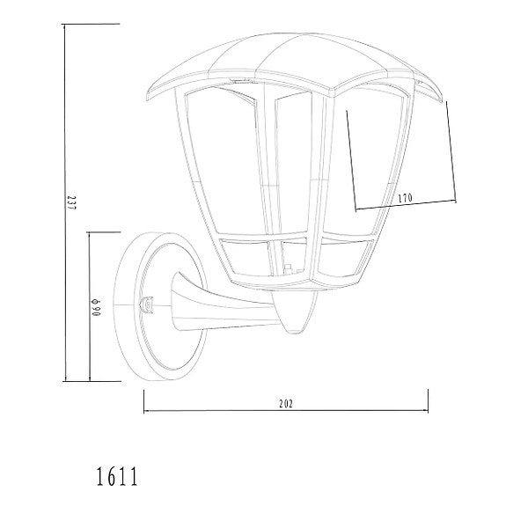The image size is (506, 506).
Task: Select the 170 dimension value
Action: pos(405,198)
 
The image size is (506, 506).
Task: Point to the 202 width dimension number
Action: pos(284,403)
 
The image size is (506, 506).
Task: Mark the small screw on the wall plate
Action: pos(147,304)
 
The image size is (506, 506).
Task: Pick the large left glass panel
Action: pos(218,158)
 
